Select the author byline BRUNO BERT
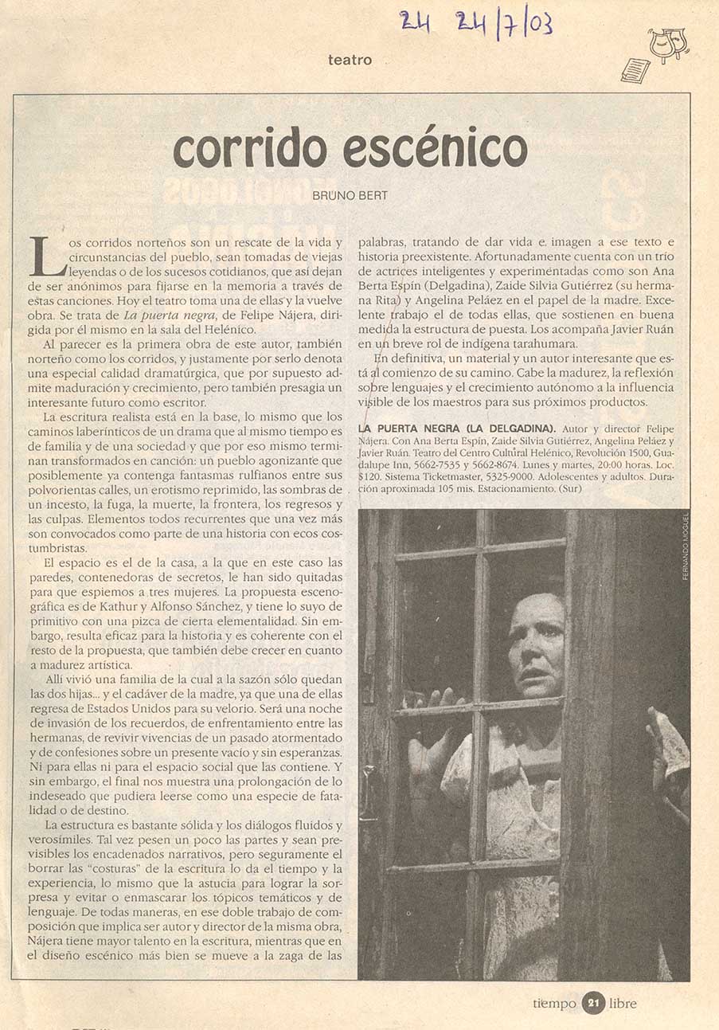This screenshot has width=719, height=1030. [351, 194]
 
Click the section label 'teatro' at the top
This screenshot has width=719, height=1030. [350, 59]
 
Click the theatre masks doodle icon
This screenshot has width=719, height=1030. [668, 45]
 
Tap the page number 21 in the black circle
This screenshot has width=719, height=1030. [592, 1003]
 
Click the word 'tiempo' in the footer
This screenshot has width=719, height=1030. [555, 1004]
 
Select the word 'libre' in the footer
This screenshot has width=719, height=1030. [623, 1004]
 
